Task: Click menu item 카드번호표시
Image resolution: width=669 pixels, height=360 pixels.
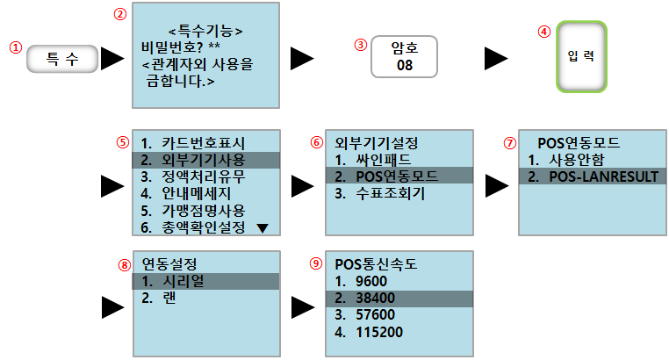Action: [x=194, y=141]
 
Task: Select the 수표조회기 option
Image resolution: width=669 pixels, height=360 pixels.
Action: [x=383, y=193]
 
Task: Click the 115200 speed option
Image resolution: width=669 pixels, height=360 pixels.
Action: [x=373, y=332]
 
